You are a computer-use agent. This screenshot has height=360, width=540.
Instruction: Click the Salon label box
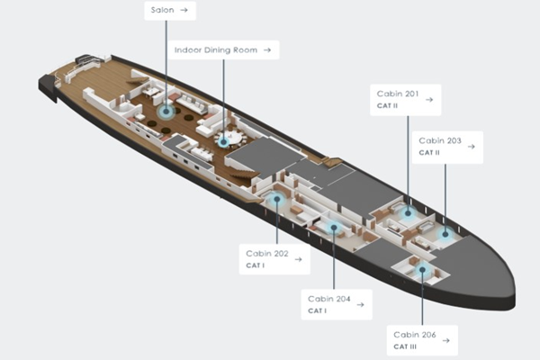(x=170, y=11)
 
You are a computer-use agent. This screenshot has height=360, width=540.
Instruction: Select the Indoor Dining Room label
(x=223, y=50)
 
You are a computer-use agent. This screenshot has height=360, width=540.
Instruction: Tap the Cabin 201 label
(x=405, y=100)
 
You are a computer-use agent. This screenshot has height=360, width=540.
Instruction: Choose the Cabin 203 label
(x=447, y=147)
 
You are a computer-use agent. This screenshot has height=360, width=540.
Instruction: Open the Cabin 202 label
(x=274, y=259)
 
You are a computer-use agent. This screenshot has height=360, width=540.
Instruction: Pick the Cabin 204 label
(x=337, y=304)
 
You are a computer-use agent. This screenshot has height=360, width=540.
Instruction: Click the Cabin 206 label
(x=422, y=340)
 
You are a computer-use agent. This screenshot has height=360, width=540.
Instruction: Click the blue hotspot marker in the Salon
(x=166, y=112)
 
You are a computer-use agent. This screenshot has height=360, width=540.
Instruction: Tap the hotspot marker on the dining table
(x=223, y=141)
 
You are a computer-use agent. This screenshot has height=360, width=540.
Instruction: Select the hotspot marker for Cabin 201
(x=408, y=213)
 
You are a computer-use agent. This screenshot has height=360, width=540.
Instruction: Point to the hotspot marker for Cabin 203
(x=445, y=234)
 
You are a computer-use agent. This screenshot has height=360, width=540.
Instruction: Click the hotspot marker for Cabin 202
(x=277, y=199)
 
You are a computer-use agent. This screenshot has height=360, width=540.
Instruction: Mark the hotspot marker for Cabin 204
(x=333, y=227)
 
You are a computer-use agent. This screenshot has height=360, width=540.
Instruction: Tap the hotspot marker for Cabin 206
(x=422, y=270)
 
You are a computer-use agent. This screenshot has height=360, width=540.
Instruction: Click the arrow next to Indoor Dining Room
(x=267, y=50)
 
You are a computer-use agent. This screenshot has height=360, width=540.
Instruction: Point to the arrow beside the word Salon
(x=184, y=10)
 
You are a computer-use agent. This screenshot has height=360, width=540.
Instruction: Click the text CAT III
(x=405, y=346)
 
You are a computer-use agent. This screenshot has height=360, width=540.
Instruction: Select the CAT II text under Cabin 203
(x=429, y=152)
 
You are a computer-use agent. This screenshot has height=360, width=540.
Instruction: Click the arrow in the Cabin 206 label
(x=446, y=340)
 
